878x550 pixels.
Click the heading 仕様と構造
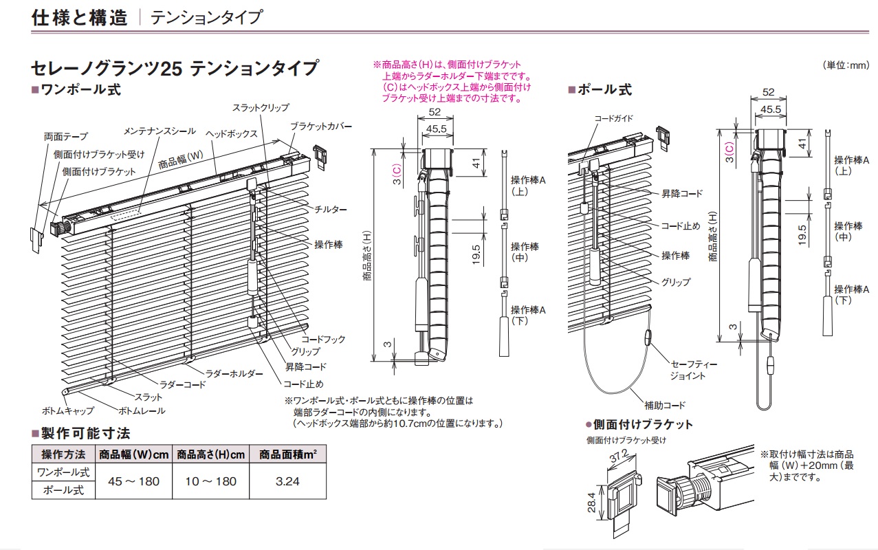click(80, 17)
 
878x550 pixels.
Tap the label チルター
click(330, 209)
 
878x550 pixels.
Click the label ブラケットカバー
click(320, 126)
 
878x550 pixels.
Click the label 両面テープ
click(65, 137)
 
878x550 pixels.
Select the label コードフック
click(323, 340)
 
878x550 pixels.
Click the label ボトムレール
click(142, 411)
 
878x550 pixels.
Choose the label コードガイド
click(614, 118)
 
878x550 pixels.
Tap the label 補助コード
click(664, 406)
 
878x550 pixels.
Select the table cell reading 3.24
click(287, 481)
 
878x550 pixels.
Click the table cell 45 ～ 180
click(134, 481)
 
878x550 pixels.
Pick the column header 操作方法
click(63, 454)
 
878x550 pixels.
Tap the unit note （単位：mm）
click(845, 65)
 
